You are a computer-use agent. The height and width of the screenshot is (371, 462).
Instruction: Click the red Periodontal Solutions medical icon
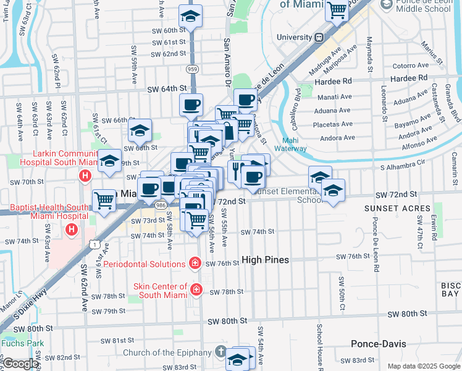pyautogui.click(x=195, y=263)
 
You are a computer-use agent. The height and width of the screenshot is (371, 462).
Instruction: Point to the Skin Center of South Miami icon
pyautogui.click(x=196, y=289)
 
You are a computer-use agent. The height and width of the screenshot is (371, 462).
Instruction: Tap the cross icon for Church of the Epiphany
pyautogui.click(x=221, y=352)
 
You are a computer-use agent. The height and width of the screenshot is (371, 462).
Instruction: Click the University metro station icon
pyautogui.click(x=319, y=37)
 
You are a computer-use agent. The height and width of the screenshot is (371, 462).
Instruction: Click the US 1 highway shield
pyautogui.click(x=94, y=245)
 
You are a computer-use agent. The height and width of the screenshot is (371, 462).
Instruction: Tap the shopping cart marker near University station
pyautogui.click(x=337, y=10)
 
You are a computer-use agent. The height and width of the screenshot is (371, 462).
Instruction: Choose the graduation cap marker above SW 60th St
pyautogui.click(x=191, y=17)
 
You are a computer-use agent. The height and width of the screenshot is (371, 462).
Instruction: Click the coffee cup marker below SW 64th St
pyautogui.click(x=191, y=104)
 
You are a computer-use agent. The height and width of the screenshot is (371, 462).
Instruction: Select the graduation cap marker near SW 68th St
pyautogui.click(x=140, y=130)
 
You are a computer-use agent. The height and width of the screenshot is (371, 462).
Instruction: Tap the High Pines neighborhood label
pyautogui.click(x=265, y=260)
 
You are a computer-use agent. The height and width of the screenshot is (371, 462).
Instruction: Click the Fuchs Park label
pyautogui.click(x=14, y=343)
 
